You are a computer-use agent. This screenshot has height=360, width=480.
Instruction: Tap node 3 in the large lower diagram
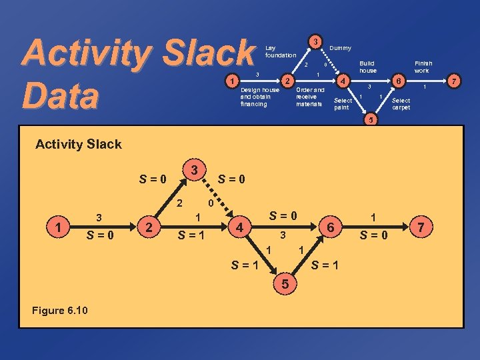(x=193, y=171)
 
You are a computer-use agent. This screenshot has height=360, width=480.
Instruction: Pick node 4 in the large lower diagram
(x=238, y=228)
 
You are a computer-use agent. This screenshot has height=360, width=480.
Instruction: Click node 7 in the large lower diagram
(x=421, y=228)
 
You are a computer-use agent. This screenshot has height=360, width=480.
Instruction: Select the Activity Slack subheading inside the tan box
(x=78, y=144)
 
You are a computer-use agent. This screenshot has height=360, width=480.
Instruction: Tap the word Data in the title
(x=60, y=94)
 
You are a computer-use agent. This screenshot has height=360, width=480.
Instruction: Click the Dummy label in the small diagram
(x=340, y=48)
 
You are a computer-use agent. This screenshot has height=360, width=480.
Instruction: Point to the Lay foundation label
(x=280, y=51)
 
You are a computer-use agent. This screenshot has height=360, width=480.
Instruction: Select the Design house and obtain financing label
(x=260, y=97)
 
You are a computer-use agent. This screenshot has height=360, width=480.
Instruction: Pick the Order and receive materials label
(x=310, y=97)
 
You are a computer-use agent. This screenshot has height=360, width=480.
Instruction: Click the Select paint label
(x=343, y=104)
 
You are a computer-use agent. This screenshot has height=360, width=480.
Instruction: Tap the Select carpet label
(x=401, y=104)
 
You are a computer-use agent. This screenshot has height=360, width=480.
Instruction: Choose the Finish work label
(x=421, y=66)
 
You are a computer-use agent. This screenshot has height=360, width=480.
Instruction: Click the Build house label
(x=367, y=66)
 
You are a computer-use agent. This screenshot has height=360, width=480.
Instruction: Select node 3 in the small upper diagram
(x=314, y=41)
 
